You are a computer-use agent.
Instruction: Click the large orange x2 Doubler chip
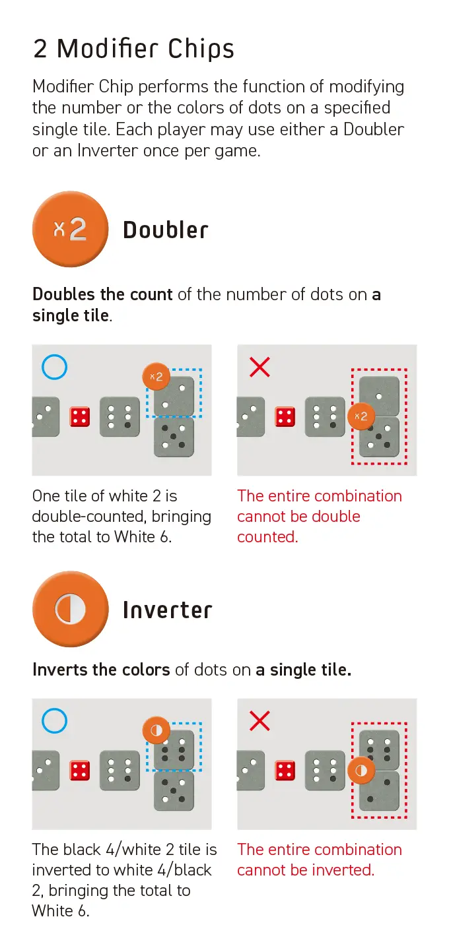70,229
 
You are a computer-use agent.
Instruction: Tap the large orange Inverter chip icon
70,609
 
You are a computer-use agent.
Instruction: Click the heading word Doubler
165,230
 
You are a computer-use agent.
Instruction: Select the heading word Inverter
167,610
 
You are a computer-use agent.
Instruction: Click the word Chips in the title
201,49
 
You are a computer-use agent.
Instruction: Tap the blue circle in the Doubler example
54,367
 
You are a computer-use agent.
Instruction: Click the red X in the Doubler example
259,367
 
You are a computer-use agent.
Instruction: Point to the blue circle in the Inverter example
54,721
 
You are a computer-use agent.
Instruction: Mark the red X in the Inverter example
259,721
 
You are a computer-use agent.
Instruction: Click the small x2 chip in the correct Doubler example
156,377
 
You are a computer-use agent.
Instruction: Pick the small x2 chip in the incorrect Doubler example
361,416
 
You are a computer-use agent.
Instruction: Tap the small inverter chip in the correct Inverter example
156,730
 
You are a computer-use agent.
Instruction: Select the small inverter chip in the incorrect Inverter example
361,770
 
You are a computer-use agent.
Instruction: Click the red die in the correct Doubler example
80,417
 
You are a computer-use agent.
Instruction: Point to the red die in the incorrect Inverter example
285,771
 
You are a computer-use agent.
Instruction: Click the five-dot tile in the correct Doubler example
174,437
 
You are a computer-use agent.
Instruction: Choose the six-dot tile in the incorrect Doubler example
325,417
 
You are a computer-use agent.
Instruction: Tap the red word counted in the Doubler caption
267,537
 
